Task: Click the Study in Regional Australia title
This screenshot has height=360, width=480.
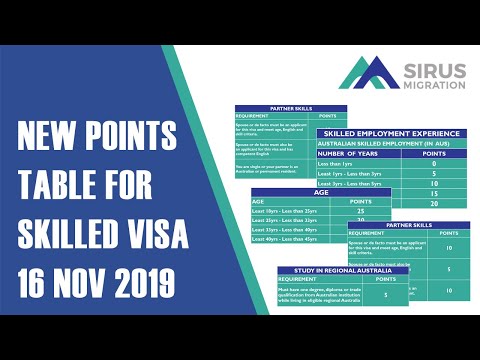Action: tap(330, 271)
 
